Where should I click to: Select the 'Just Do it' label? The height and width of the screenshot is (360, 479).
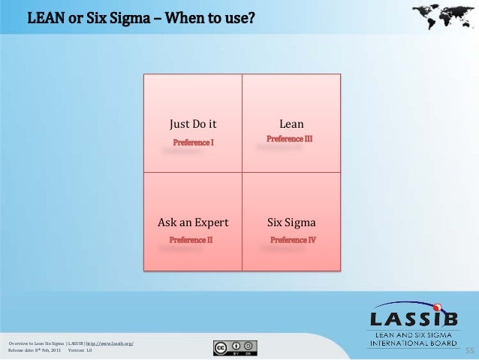[x=193, y=124]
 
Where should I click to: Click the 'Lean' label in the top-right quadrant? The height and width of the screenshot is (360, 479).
[x=291, y=124]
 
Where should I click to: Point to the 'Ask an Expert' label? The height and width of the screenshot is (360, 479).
[x=193, y=223]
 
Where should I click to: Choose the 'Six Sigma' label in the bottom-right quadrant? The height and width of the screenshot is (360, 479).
[x=291, y=223]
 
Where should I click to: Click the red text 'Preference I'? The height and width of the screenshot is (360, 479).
[x=194, y=142]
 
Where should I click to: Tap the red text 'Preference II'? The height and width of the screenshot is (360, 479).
[x=191, y=240]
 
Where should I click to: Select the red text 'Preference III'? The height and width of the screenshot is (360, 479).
[x=290, y=139]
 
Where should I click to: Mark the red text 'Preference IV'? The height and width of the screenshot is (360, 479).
[x=293, y=240]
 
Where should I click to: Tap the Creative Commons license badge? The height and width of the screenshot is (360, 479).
[x=236, y=347]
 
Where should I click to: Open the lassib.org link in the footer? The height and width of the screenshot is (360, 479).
[x=110, y=343]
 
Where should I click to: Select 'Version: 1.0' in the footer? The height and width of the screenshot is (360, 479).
[x=80, y=350]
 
